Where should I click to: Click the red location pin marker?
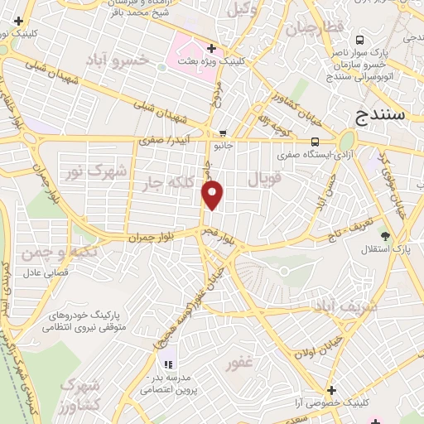214,195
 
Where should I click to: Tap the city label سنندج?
379,115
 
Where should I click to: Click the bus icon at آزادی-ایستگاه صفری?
314,140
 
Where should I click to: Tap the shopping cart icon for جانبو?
223,132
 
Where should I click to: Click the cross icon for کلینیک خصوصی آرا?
331,390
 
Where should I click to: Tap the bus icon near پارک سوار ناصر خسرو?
359,40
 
